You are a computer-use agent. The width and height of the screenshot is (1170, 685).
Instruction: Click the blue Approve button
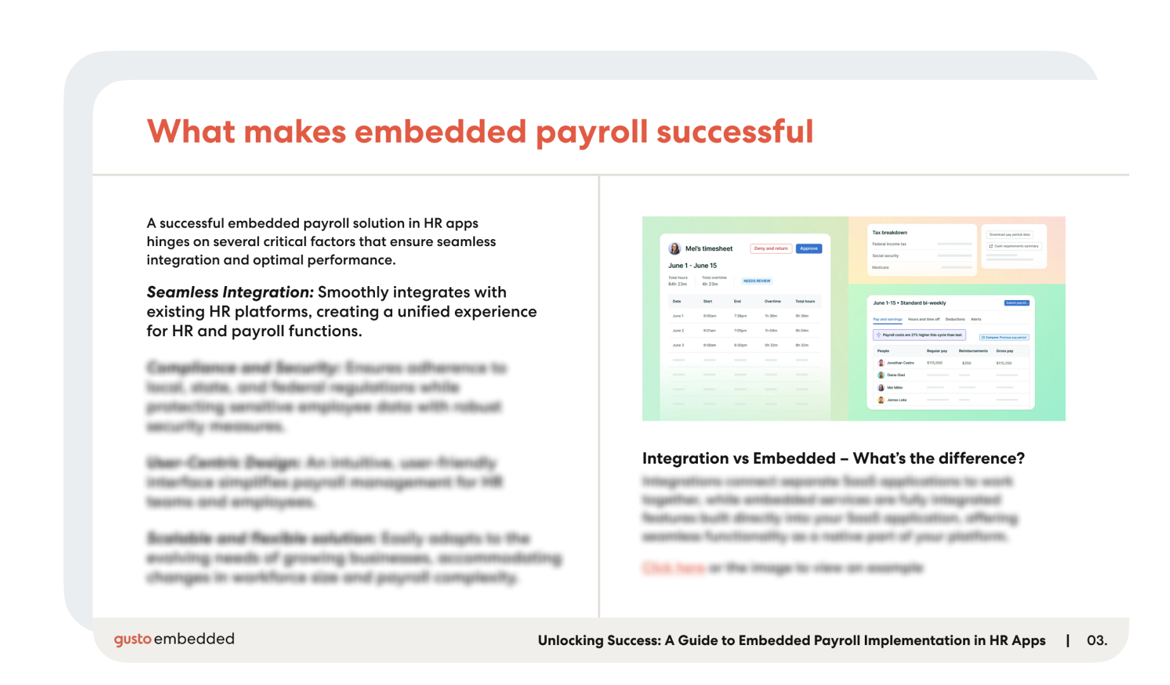click(808, 249)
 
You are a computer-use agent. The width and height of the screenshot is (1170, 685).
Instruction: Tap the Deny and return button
click(771, 249)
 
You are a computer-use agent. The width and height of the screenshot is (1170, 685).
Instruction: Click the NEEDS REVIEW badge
click(756, 281)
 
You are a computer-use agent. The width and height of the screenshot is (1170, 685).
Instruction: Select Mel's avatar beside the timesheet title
click(674, 249)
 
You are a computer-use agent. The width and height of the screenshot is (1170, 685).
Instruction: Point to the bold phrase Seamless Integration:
click(230, 292)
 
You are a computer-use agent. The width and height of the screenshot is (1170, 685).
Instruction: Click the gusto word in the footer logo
click(133, 639)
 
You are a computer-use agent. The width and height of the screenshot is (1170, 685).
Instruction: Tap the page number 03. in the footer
click(1096, 641)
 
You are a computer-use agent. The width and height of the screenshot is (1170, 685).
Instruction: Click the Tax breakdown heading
click(890, 233)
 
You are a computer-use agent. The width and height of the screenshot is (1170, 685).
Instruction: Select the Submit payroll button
click(1016, 303)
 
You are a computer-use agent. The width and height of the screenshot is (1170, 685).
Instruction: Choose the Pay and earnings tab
click(887, 320)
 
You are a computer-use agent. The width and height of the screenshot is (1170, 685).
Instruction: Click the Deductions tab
click(955, 320)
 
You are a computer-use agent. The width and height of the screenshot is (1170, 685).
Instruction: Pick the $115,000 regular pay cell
click(934, 363)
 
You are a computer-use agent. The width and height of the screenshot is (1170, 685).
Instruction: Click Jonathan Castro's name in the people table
click(900, 363)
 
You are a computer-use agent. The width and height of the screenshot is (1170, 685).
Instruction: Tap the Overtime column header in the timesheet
click(772, 301)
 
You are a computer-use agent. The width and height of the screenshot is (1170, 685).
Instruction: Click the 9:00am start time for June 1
click(709, 316)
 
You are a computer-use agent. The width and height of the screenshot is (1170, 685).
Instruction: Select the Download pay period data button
click(1009, 235)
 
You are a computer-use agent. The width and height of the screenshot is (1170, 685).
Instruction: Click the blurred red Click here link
click(673, 568)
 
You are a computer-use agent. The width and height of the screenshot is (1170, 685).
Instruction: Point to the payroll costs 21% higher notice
click(919, 335)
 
